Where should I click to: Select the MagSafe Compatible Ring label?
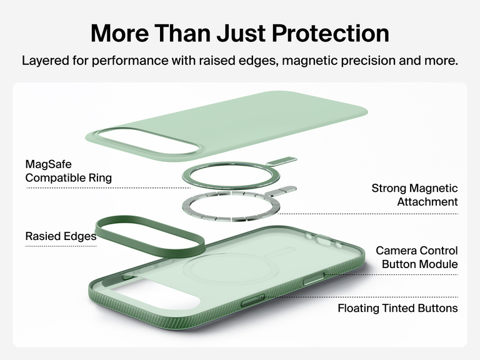[x=68, y=171]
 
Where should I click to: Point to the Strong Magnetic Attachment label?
[x=414, y=195]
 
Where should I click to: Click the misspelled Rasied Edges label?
[x=61, y=236]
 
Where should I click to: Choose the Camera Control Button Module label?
[x=416, y=257]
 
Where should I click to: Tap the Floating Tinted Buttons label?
[x=397, y=308]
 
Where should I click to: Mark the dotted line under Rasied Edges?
[x=61, y=246]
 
